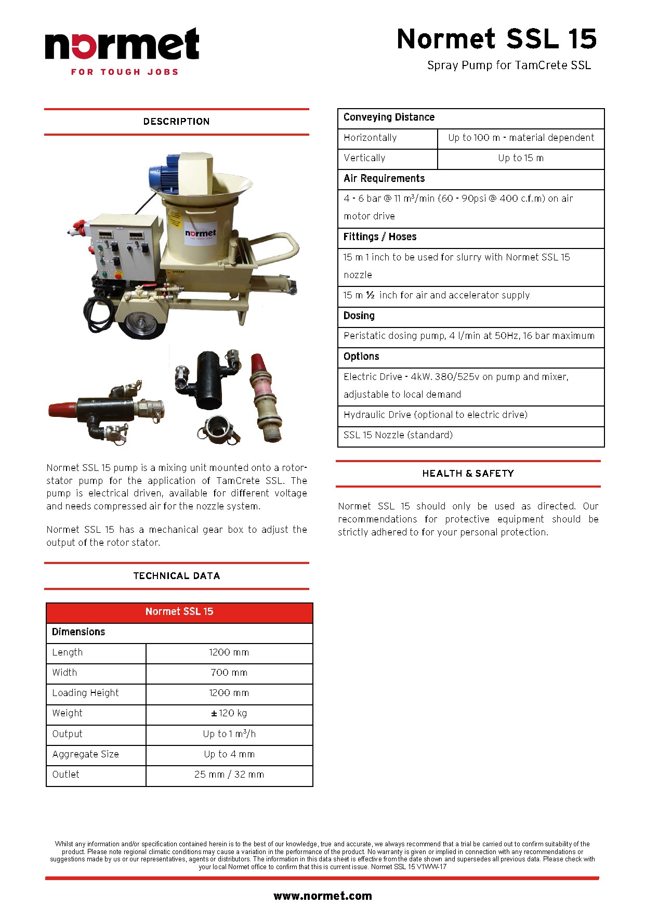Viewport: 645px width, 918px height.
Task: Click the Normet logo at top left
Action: [122, 51]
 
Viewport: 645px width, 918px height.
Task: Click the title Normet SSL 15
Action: [496, 40]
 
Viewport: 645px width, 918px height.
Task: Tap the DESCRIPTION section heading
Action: [176, 122]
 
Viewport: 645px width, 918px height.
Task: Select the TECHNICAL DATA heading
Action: [176, 576]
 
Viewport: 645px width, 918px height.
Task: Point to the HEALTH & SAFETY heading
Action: [468, 474]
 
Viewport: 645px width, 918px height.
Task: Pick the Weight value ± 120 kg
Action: [229, 713]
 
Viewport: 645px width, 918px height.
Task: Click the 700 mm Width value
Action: [229, 673]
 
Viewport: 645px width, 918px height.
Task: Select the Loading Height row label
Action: [85, 693]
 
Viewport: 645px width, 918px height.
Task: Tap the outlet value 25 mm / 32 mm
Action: [229, 775]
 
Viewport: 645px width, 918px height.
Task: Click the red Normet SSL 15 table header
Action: [179, 612]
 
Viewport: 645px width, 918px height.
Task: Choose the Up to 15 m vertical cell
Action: [521, 158]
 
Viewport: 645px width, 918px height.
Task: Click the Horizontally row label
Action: [370, 138]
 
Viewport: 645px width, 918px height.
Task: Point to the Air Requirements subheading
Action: [384, 179]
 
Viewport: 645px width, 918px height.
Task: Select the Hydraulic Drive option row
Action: [436, 415]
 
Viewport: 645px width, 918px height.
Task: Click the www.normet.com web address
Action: [322, 896]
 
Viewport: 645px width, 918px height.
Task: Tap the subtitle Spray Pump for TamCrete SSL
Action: [509, 65]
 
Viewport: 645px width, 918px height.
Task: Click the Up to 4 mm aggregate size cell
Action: [229, 754]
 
